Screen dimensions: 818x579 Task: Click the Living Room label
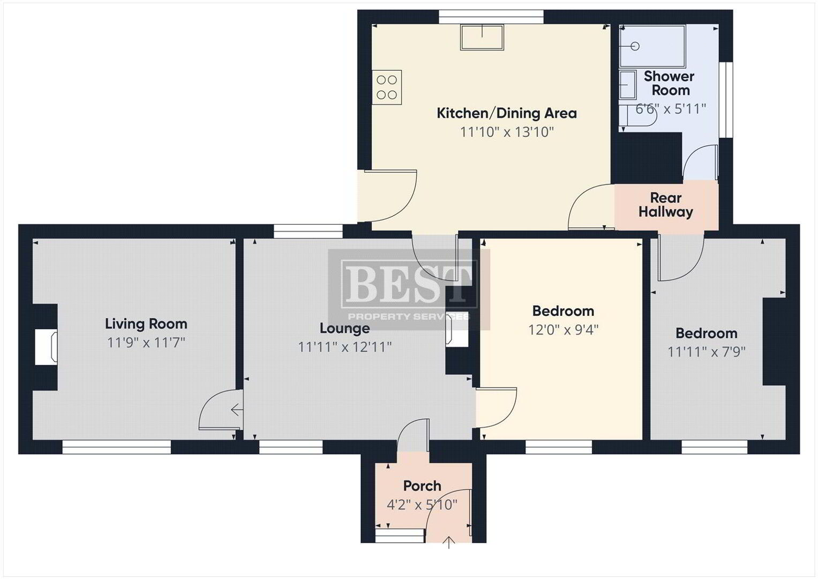coord(146,324)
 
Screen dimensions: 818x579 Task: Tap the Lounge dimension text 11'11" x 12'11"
coord(345,347)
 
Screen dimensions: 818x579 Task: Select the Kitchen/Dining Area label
coord(507,113)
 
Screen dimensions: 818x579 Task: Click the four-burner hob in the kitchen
coord(387,87)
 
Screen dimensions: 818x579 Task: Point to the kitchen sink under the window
coord(482,37)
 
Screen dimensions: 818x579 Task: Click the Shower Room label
coord(670,83)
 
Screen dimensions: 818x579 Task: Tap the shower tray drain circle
coord(635,47)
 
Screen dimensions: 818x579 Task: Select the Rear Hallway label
coord(666,205)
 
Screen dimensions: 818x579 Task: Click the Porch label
coord(422,486)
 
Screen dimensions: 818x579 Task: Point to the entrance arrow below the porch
coord(449,543)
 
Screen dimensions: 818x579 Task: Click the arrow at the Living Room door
coord(237,410)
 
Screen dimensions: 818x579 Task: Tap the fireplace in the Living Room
coord(46,347)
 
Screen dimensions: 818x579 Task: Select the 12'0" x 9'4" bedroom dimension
coord(563,330)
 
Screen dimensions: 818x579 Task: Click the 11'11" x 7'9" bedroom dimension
coord(706,352)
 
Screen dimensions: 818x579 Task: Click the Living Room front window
coord(116,447)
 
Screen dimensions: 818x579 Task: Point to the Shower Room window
coord(726,100)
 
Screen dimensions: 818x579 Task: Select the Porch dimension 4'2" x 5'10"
coord(422,505)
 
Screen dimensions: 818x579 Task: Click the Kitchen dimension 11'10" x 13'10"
coord(507,132)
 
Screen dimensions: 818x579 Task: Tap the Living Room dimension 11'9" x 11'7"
coord(146,343)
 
